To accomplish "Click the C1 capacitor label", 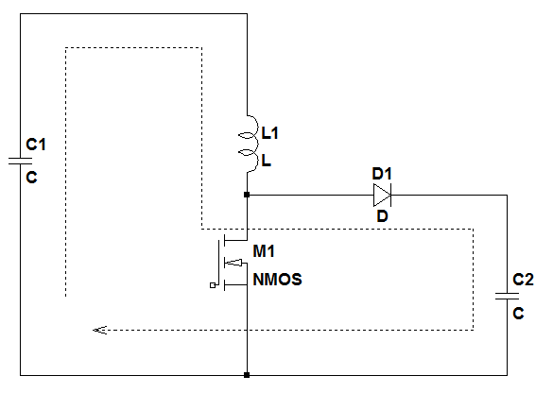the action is pos(36,145).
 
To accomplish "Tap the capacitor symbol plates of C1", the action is pos(21,162).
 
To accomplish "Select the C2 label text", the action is pos(523,280).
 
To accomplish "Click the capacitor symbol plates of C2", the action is pos(507,297).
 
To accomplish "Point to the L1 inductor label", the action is pos(269,133).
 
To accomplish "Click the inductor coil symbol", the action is pos(249,144).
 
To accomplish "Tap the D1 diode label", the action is pos(382,174).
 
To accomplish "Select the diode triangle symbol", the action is pos(382,195).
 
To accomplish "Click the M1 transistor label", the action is pos(264,251).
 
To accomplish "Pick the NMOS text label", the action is pos(278,280).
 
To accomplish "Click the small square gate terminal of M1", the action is pos(213,285).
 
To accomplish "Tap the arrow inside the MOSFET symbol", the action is pos(233,263).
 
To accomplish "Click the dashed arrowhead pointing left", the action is pos(100,331).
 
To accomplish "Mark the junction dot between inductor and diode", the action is pos(247,195).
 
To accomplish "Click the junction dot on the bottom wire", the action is pos(247,375).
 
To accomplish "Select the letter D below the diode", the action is pos(382,216).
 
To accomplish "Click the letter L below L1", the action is pos(267,161).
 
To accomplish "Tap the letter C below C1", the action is pos(32,177).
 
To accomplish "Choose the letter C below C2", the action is pos(518,313).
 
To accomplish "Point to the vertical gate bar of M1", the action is pos(218,263).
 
